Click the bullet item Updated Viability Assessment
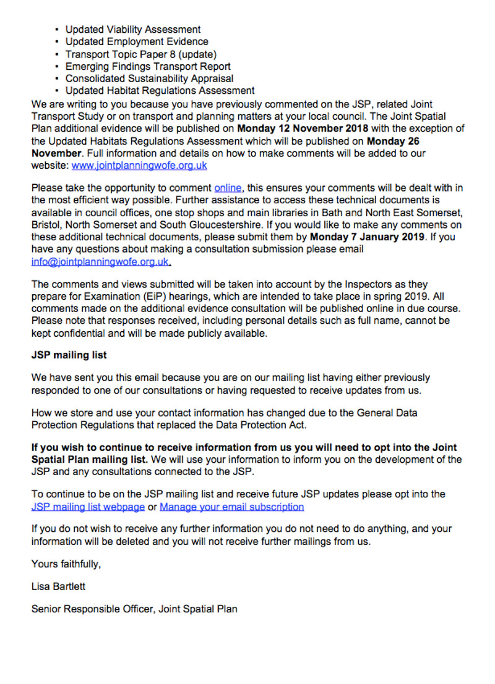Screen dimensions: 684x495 (133, 29)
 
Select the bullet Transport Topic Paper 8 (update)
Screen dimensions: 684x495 (141, 54)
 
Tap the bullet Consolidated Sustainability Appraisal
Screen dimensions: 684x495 (149, 78)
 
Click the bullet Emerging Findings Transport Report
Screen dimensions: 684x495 (148, 66)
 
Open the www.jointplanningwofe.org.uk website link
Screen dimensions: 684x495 (139, 166)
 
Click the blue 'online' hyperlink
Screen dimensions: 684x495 (228, 188)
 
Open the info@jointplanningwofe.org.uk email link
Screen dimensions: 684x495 (100, 261)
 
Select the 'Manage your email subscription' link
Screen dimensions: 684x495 (231, 507)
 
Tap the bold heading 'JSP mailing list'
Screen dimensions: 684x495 (69, 355)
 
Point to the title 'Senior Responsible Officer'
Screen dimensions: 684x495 (92, 609)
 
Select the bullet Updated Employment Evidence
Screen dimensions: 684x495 (137, 41)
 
